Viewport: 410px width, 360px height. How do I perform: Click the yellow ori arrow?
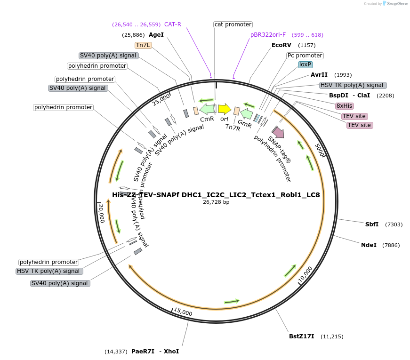(225, 109)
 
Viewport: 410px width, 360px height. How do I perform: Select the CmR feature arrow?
(207, 109)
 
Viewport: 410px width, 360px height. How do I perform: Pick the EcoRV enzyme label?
(281, 45)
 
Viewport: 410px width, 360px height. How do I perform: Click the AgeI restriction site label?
(156, 35)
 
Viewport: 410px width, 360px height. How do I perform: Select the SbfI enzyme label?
(372, 224)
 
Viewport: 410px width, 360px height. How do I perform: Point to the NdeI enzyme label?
(369, 245)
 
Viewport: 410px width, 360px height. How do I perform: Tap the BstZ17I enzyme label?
(301, 336)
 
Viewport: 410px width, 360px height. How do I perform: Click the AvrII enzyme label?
(319, 75)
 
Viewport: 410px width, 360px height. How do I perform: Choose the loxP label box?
(305, 64)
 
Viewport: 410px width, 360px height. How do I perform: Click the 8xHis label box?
(345, 106)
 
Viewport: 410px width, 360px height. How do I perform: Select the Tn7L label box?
(143, 45)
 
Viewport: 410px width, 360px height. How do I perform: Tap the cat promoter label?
(233, 24)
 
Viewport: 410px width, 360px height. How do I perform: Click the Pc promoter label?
(305, 56)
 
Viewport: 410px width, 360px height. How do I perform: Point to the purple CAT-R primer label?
(172, 24)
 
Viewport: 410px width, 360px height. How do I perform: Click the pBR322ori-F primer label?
(268, 35)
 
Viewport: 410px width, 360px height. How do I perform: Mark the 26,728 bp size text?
(216, 202)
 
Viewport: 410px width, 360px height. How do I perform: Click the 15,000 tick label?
(183, 312)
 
